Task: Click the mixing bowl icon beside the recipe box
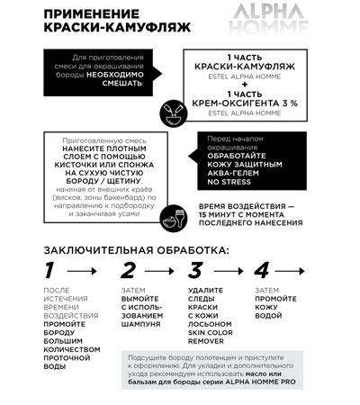coord(167,112)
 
